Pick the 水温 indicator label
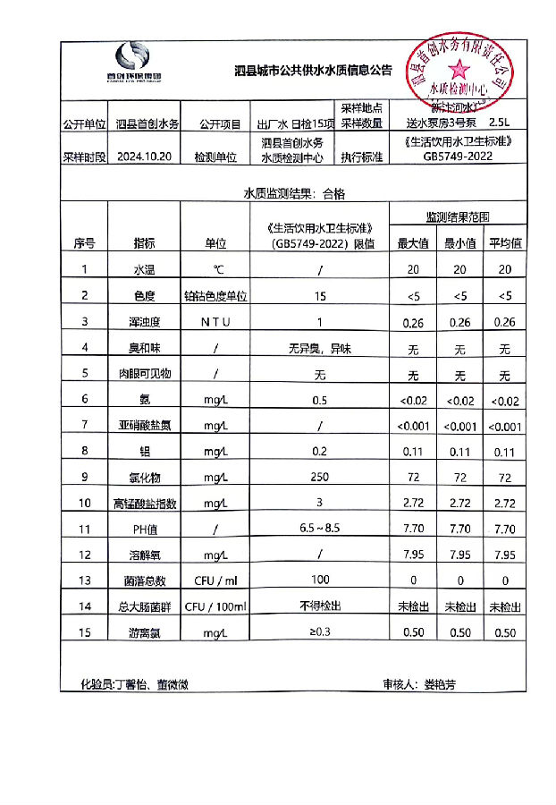pos(143,269)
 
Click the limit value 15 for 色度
pos(319,295)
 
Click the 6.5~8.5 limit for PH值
pos(319,530)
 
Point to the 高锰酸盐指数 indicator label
pos(143,504)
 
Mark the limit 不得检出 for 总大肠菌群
pos(319,606)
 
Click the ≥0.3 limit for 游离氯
pos(319,633)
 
